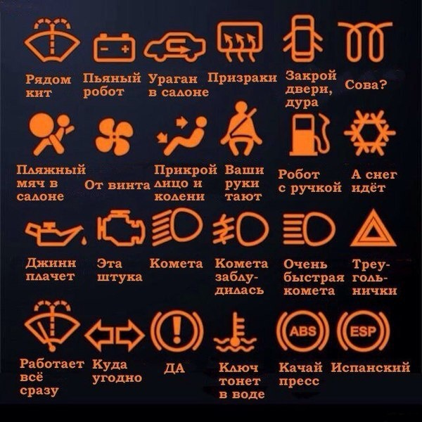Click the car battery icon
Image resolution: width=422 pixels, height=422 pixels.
coord(115,48)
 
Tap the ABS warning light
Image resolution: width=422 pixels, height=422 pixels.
coord(302,331)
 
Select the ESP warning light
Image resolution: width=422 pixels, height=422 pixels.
coord(363,331)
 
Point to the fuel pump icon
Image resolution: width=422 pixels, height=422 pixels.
coord(309,134)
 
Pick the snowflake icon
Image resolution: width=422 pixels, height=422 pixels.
coord(370,133)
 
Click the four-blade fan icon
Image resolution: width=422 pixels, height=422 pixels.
coord(115,136)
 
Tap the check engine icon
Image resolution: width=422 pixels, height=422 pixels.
coord(121,228)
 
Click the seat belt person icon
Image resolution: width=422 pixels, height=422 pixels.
coord(241,129)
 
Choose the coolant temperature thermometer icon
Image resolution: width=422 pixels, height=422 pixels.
coord(235,332)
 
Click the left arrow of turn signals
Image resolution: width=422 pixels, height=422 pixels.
coord(98,335)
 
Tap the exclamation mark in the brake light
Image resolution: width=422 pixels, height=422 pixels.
coord(177,330)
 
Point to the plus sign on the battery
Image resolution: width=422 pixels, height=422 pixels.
coord(125,49)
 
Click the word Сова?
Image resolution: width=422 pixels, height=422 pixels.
coord(366,84)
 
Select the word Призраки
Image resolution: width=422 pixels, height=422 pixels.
coord(242,78)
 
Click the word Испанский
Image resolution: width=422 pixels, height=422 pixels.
coord(371,367)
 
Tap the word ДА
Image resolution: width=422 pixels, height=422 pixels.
coord(174,368)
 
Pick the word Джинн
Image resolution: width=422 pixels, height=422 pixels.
coord(51,263)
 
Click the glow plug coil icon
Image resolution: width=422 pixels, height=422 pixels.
coord(365,42)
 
